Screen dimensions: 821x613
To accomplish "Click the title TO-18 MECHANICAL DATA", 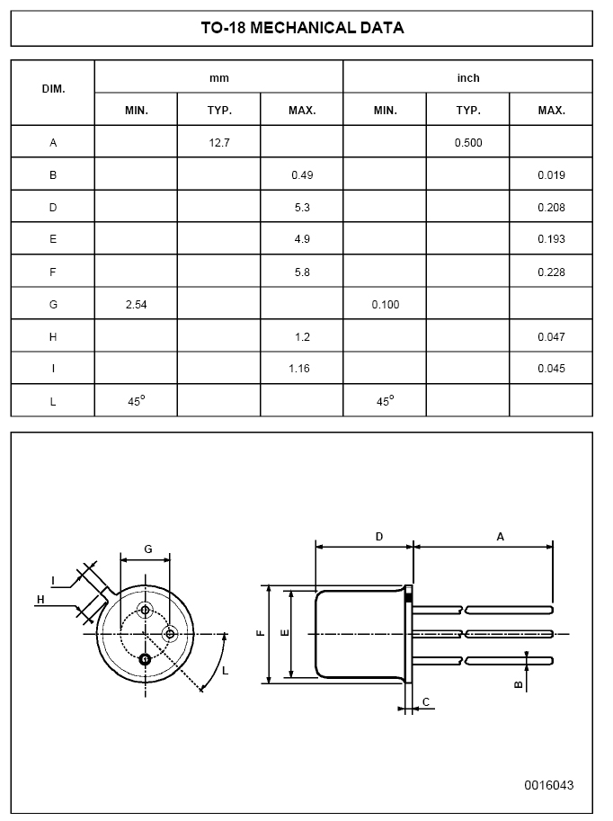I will click(302, 28).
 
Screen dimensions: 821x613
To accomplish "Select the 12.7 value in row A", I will click(218, 143).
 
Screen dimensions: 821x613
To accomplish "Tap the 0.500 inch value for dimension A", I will click(467, 143).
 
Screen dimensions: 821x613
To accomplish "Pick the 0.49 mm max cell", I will click(302, 175).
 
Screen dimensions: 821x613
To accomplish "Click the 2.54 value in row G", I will click(136, 305).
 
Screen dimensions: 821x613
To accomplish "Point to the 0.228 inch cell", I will click(551, 272).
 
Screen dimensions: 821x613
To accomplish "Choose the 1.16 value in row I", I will click(302, 370).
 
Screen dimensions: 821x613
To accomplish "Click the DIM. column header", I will click(53, 92).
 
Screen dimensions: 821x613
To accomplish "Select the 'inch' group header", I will click(467, 78).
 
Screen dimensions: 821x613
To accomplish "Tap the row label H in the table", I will click(53, 337).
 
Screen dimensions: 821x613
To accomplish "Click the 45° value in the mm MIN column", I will click(136, 402).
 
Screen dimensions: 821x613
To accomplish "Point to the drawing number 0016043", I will click(548, 785).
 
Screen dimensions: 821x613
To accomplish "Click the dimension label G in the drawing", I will click(147, 549).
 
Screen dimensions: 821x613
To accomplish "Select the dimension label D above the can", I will click(379, 536).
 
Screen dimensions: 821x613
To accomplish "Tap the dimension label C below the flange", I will click(425, 701).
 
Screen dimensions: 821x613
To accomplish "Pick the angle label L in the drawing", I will click(225, 671).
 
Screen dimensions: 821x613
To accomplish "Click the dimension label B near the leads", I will click(518, 683).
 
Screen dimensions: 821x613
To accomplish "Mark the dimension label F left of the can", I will click(260, 633).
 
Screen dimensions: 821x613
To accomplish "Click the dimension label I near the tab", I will click(53, 579).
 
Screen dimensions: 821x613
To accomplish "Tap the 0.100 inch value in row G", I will click(385, 305).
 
